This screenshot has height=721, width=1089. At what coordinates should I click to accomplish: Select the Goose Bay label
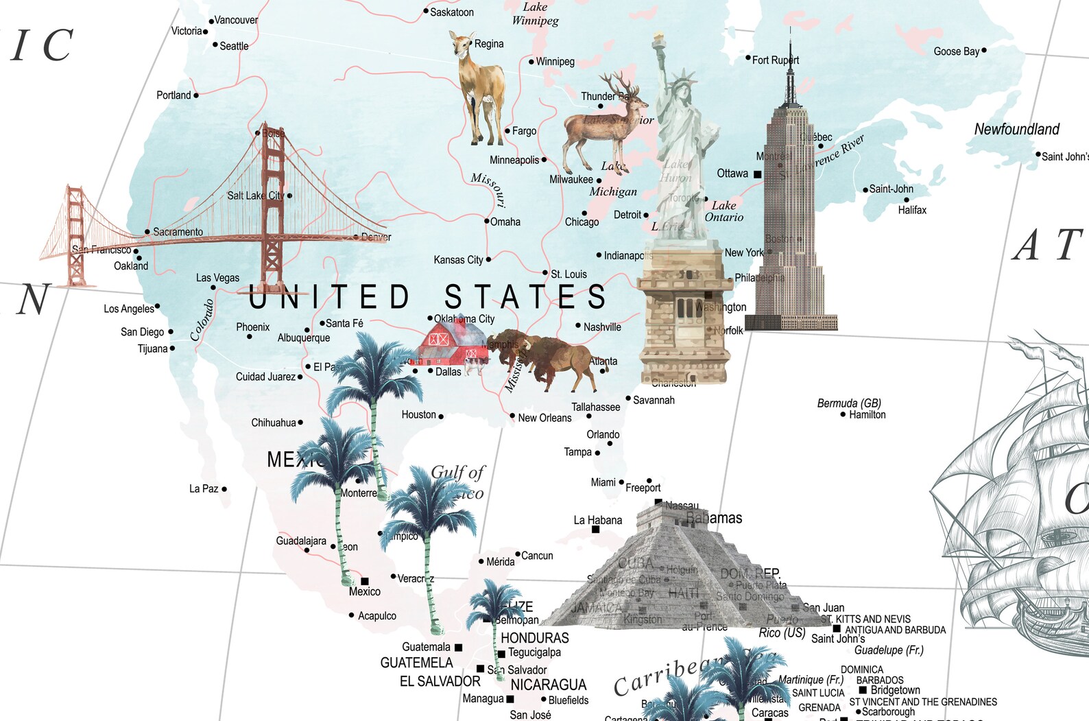(956, 51)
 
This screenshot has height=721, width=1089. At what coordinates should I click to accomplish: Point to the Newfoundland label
(1016, 129)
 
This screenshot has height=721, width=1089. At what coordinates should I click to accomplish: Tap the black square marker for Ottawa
(757, 174)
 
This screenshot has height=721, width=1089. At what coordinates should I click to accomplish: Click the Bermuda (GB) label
(849, 403)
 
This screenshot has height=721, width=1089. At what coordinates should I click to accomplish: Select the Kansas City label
(458, 260)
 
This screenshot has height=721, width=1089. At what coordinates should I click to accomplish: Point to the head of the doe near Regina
(461, 44)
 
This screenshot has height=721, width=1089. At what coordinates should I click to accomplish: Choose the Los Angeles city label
(129, 309)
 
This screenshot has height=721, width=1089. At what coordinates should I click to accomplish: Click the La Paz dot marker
(224, 489)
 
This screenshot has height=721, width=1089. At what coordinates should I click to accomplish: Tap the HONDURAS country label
(534, 638)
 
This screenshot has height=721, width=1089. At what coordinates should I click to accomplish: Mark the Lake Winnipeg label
(535, 14)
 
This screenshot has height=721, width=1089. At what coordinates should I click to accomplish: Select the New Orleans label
(544, 418)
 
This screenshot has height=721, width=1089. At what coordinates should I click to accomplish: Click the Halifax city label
(912, 210)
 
